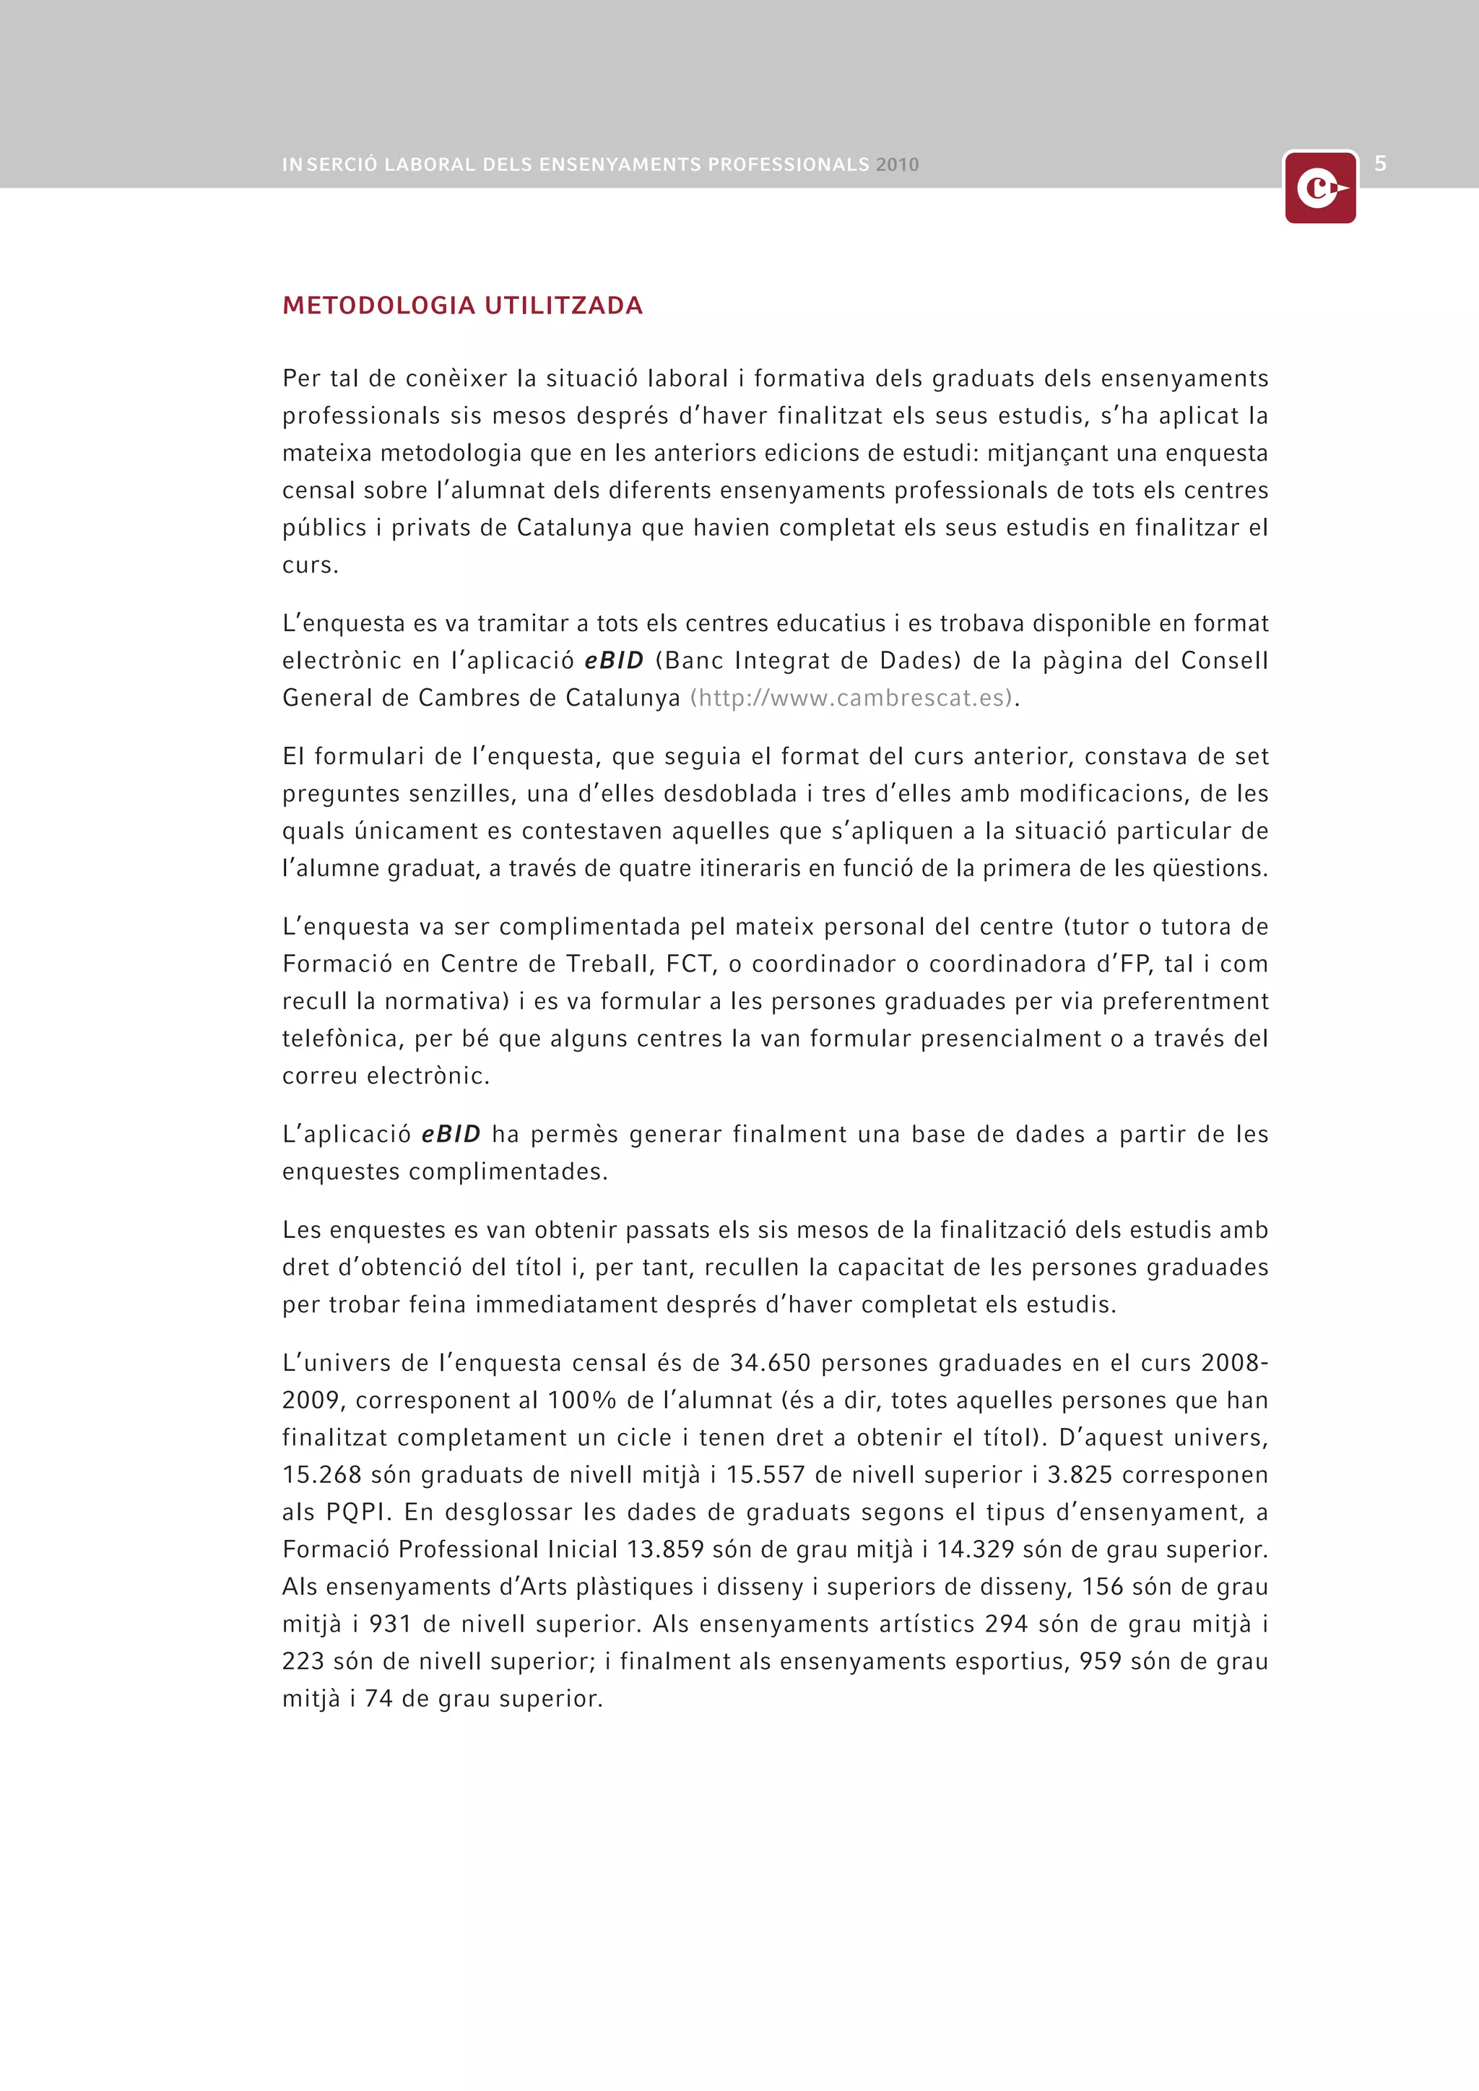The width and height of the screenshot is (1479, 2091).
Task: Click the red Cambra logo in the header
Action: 1319,189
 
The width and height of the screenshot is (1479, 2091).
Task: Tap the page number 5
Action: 1380,164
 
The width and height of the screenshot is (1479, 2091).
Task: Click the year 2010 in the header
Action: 897,165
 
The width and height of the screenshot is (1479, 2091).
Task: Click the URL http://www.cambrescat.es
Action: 851,698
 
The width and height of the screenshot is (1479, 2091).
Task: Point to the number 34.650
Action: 770,1364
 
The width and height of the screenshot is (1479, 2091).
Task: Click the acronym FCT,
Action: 691,964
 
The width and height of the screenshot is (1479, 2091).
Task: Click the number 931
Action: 391,1624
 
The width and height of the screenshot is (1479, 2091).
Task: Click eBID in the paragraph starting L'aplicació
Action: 451,1135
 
